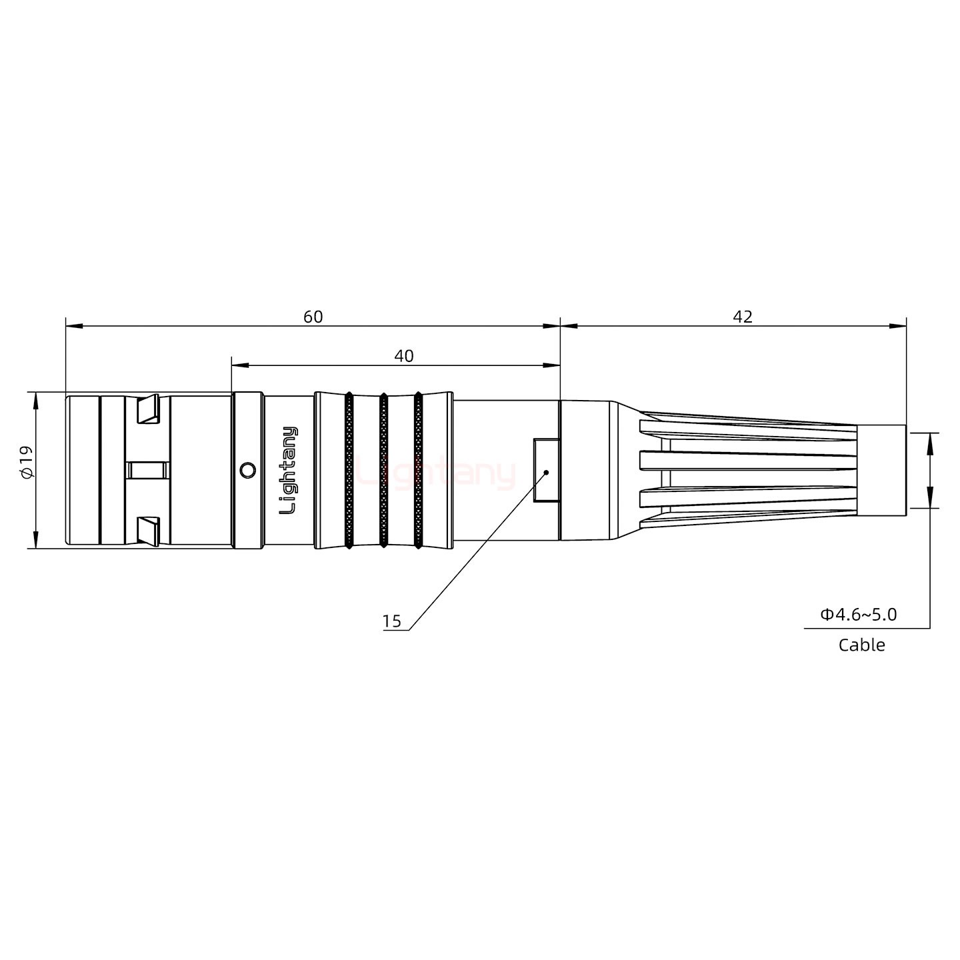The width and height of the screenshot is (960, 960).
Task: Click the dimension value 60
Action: [x=313, y=317]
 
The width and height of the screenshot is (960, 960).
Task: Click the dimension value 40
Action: [x=403, y=356]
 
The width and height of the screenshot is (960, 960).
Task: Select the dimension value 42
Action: [x=742, y=317]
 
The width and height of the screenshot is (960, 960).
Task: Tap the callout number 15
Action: [x=392, y=621]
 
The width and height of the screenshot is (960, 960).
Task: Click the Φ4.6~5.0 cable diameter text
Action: [x=858, y=614]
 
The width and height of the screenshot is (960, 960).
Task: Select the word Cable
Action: [x=861, y=645]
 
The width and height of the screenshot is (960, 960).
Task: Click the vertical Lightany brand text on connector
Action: [x=288, y=470]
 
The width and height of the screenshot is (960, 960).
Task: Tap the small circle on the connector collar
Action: [x=247, y=471]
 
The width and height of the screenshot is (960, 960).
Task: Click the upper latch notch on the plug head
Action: [x=148, y=409]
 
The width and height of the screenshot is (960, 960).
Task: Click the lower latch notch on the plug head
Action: [x=148, y=531]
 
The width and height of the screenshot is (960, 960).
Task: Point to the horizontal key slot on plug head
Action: [x=147, y=471]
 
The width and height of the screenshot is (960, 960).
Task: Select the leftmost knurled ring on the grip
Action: [x=349, y=471]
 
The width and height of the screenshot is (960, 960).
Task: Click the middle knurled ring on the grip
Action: [x=383, y=471]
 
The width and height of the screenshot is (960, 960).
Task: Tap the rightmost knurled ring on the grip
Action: [x=418, y=471]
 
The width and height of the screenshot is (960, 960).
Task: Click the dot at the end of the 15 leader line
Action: [x=546, y=472]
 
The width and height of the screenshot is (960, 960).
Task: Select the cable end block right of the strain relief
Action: [x=881, y=470]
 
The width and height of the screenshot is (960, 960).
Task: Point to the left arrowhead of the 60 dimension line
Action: [x=73, y=326]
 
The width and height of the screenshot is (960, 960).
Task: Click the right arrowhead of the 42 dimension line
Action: [x=899, y=326]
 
